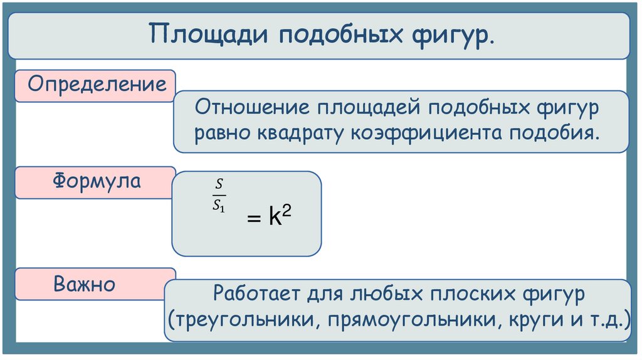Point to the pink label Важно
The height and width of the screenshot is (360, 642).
[84, 283]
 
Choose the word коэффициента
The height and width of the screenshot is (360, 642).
[424, 134]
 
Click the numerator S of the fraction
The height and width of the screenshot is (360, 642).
[219, 184]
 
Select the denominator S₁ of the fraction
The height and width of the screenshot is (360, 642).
[219, 204]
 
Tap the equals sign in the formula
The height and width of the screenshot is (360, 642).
[252, 220]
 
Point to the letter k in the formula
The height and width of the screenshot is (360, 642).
[274, 218]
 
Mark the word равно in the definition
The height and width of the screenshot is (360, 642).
[221, 134]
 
